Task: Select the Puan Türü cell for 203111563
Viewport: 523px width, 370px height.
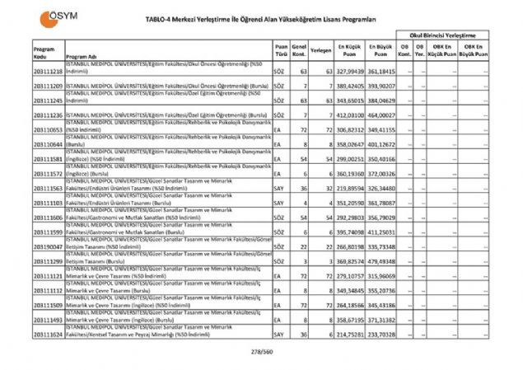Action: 281,188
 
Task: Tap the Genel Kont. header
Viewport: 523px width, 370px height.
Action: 299,51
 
